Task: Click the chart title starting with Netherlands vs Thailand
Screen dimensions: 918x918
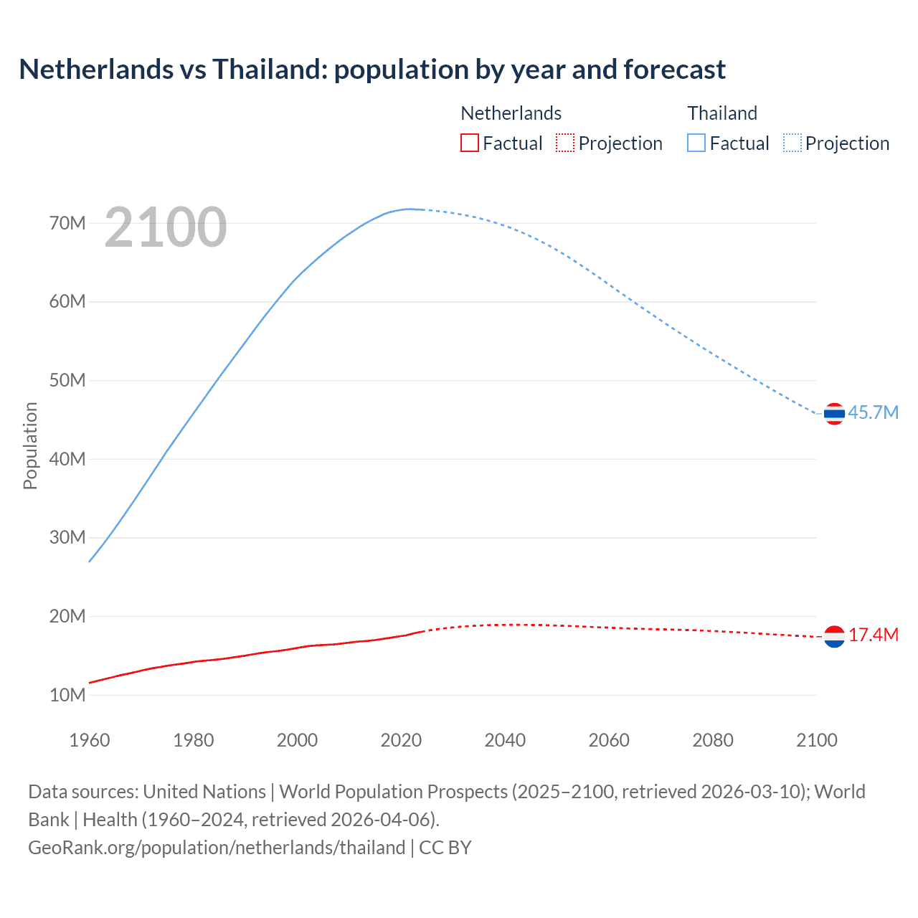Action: point(372,70)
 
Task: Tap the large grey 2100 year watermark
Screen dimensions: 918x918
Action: point(166,227)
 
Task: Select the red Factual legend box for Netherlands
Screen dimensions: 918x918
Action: point(469,143)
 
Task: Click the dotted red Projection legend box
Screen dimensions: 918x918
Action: point(565,143)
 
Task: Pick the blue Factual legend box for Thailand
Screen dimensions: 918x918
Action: point(696,143)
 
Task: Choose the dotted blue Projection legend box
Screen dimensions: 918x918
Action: point(792,143)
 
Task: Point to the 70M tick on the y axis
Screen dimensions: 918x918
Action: point(67,223)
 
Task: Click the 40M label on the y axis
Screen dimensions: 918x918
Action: point(67,459)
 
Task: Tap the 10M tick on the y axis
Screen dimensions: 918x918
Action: point(67,695)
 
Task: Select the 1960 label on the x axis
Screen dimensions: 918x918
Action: point(90,740)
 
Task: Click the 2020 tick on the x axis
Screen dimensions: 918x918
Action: point(401,740)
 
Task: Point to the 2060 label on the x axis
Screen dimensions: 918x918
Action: point(609,740)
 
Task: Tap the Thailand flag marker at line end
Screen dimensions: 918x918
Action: point(834,414)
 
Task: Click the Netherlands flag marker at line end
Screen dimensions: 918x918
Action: point(834,636)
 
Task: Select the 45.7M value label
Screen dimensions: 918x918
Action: point(873,413)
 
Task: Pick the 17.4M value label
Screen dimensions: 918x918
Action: point(873,635)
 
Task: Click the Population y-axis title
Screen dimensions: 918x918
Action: point(30,445)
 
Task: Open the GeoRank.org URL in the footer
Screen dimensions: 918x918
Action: point(217,848)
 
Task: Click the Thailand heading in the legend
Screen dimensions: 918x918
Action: point(722,113)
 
